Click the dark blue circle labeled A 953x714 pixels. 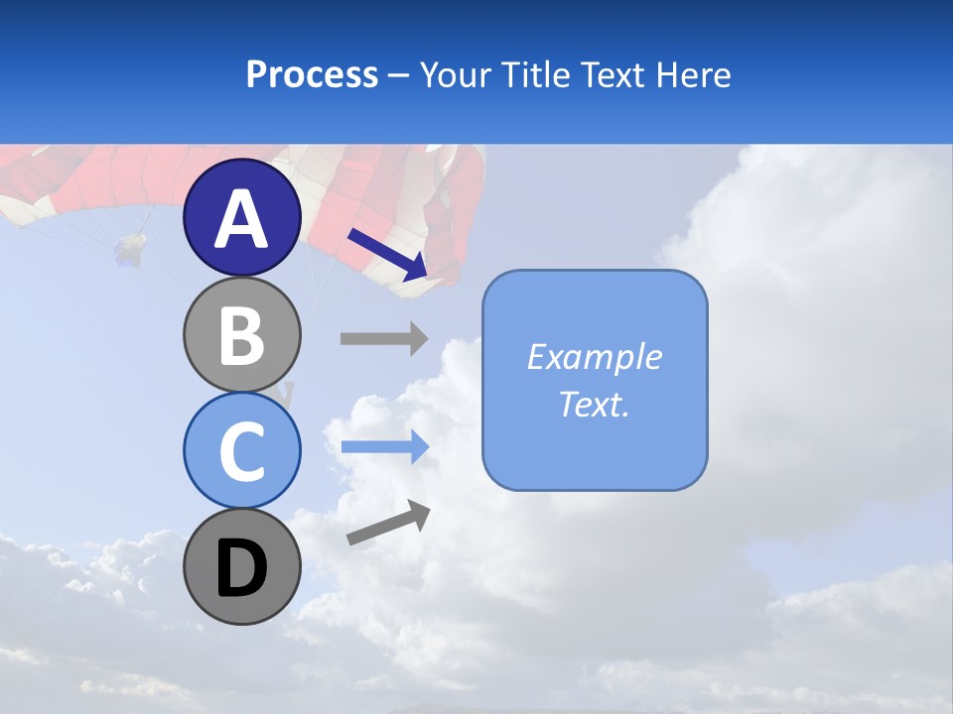(242, 217)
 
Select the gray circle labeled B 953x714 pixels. (242, 334)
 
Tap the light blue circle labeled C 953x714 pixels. (242, 451)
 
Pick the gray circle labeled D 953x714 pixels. (242, 567)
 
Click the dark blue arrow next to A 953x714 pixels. (387, 253)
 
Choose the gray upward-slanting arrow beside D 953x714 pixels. (388, 523)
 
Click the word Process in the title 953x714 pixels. (312, 75)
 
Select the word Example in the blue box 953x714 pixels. (595, 357)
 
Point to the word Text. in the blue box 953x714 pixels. (595, 404)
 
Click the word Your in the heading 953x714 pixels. (454, 75)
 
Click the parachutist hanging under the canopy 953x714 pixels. (130, 249)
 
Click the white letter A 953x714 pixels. (242, 219)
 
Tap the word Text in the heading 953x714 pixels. (610, 75)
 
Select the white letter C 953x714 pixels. (242, 452)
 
